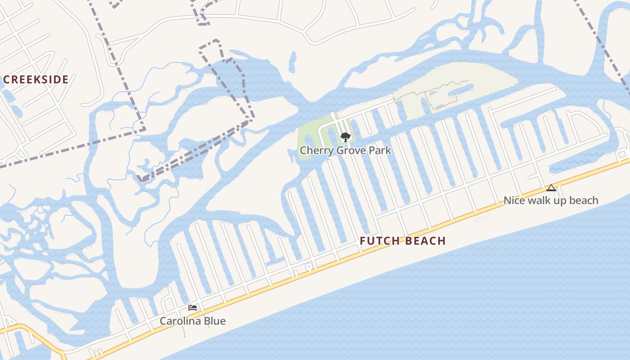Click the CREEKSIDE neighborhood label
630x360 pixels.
coord(36,80)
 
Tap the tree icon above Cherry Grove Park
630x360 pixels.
coord(345,137)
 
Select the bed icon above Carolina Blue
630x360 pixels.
coord(193,308)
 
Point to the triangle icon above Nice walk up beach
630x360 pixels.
coord(551,188)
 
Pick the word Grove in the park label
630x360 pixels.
coord(349,150)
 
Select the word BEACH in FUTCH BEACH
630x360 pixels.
coord(426,241)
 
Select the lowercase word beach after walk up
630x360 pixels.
coord(584,200)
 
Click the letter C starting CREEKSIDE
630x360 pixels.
coord(6,80)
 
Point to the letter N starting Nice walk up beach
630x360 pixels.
coord(507,200)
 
